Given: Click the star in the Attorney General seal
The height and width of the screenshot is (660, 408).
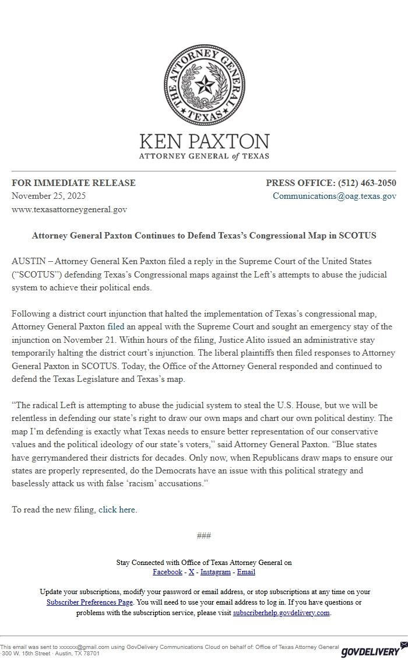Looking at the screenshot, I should pyautogui.click(x=204, y=86).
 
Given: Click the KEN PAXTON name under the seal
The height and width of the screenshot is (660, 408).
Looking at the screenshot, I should pyautogui.click(x=204, y=141).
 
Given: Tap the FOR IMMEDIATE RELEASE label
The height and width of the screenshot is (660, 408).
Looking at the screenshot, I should pyautogui.click(x=73, y=183).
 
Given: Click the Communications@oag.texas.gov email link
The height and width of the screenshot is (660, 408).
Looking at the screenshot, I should pyautogui.click(x=335, y=196).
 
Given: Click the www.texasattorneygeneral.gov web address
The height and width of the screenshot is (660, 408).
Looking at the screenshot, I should pyautogui.click(x=69, y=209).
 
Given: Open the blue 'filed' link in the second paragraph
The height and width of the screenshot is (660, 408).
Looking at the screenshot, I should pyautogui.click(x=116, y=327).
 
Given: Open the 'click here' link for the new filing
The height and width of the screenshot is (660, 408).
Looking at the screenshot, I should pyautogui.click(x=117, y=510).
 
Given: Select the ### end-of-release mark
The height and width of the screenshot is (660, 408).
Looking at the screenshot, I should pyautogui.click(x=204, y=536).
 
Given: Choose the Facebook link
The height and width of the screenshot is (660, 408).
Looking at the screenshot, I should pyautogui.click(x=167, y=572).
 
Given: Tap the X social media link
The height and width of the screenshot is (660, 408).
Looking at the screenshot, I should pyautogui.click(x=191, y=572).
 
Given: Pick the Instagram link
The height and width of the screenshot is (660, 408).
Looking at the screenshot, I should pyautogui.click(x=215, y=572).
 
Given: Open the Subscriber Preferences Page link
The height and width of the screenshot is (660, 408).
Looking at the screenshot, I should pyautogui.click(x=90, y=602).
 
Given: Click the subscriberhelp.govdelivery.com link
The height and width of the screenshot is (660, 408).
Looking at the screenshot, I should pyautogui.click(x=282, y=613).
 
